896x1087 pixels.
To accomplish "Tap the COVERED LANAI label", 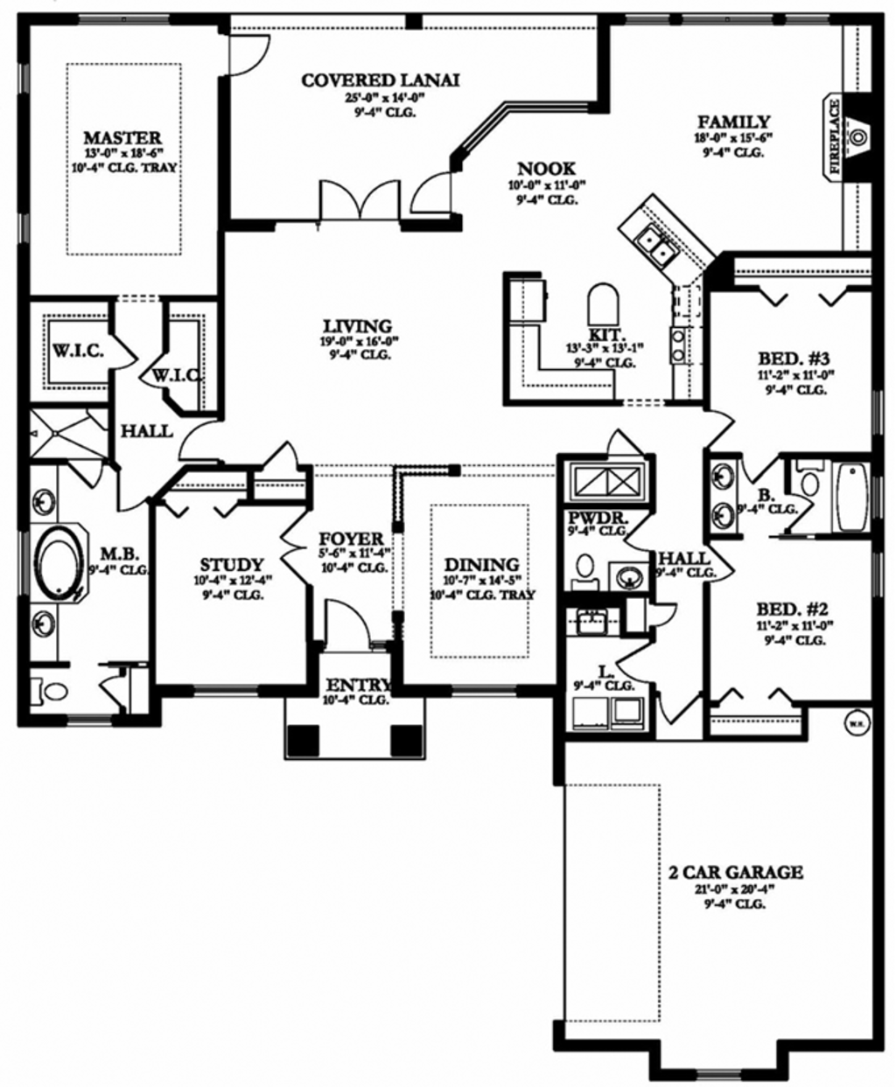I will pyautogui.click(x=380, y=80).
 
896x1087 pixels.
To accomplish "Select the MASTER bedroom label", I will pyautogui.click(x=122, y=138).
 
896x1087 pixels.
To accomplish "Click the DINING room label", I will pyautogui.click(x=481, y=565).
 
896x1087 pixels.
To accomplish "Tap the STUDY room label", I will pyautogui.click(x=231, y=565).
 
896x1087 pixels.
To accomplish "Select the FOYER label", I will pyautogui.click(x=351, y=539).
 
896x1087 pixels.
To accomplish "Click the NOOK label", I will pyautogui.click(x=546, y=169).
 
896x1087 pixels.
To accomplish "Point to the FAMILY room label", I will pyautogui.click(x=733, y=122).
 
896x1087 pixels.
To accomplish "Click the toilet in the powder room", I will pyautogui.click(x=584, y=568).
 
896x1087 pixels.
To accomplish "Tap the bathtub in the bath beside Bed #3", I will pyautogui.click(x=850, y=498).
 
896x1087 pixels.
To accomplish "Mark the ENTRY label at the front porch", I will pyautogui.click(x=356, y=684).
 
